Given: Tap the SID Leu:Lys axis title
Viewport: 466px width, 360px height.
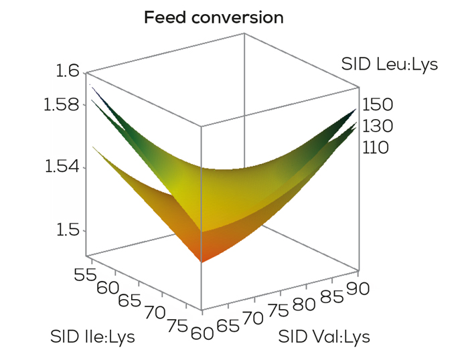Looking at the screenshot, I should tap(389, 65).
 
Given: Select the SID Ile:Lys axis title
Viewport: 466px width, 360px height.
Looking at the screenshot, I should tap(92, 336).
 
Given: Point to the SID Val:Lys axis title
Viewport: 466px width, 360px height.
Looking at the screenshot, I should tap(325, 335).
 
